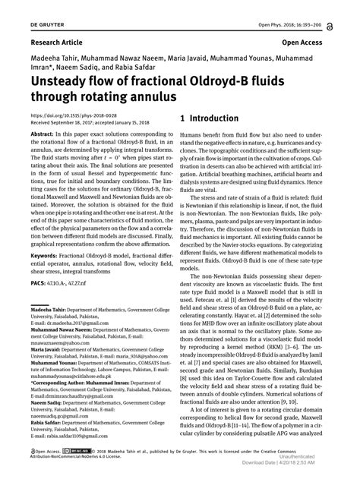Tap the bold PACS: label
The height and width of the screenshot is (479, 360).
pyautogui.click(x=40, y=282)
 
